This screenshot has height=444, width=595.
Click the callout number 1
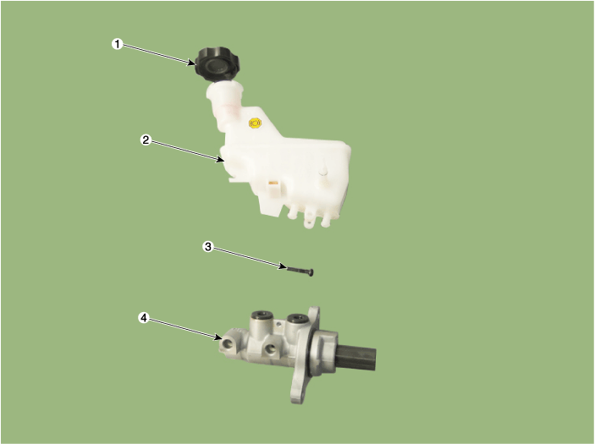pos(118,44)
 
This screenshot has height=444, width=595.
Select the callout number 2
pos(146,140)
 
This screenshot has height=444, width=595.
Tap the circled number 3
pos(207,247)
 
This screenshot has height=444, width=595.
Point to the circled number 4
pos(143,318)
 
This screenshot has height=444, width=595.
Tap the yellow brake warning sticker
pos(255,123)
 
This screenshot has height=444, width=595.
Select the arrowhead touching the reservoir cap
pos(192,63)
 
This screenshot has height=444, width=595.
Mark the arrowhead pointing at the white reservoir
pos(219,159)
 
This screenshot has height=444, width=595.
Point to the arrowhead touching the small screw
pos(283,266)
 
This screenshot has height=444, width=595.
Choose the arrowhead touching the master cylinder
pos(218,337)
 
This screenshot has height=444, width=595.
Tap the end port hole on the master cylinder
pos(229,343)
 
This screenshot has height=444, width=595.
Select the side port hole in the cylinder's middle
pos(270,348)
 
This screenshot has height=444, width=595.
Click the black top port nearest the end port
pos(261,315)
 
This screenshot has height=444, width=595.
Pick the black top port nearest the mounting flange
pos(297,318)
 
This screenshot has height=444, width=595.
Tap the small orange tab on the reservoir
pos(273,184)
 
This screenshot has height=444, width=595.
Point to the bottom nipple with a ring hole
pos(309,222)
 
